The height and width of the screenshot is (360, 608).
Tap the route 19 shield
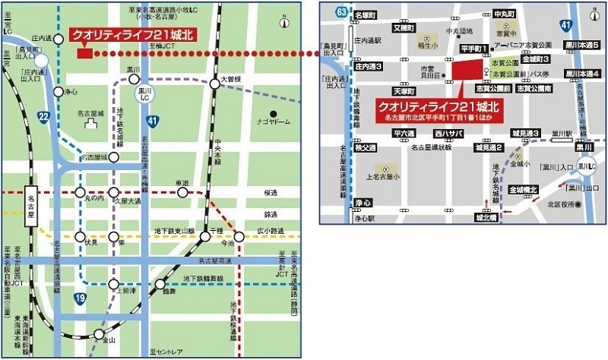tap(79, 299)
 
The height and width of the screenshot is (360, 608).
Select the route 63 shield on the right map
tap(344, 11)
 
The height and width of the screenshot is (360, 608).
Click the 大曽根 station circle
tap(215, 84)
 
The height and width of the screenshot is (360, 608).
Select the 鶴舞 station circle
tap(160, 285)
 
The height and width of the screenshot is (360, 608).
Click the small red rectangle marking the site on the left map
tap(84, 53)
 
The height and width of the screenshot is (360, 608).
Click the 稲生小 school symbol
tap(427, 37)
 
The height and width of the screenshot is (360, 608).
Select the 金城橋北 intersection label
tap(524, 189)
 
